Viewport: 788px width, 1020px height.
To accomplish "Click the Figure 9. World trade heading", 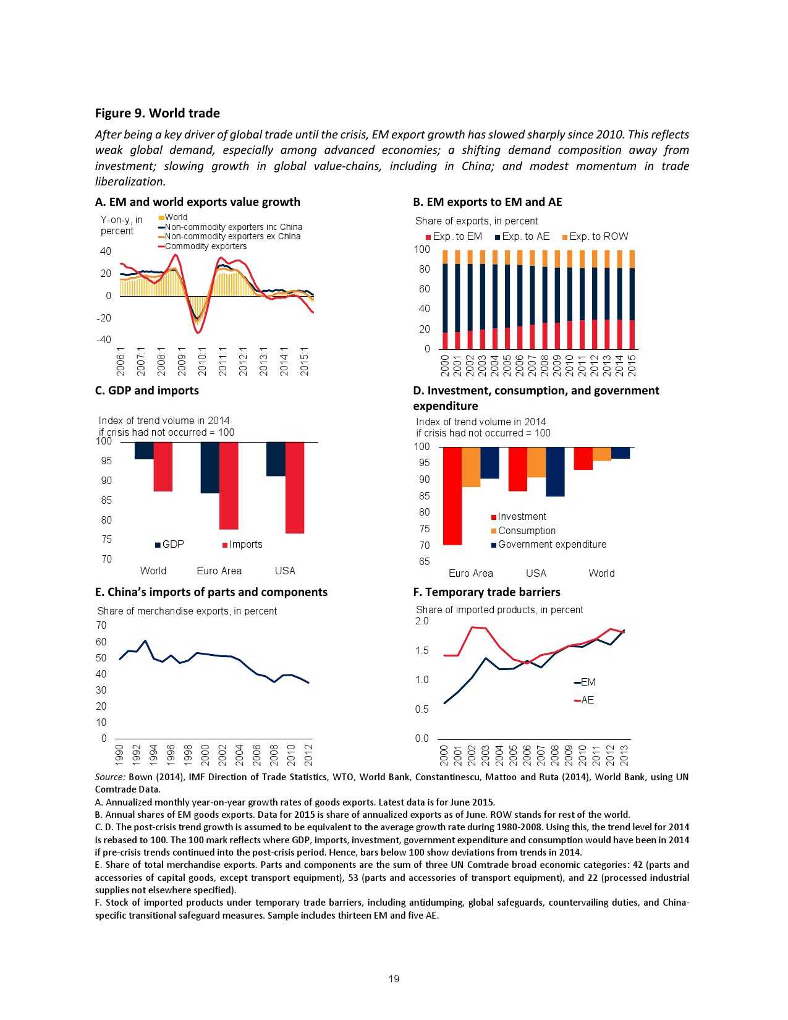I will click(x=157, y=113).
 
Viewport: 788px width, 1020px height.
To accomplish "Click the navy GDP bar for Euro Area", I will click(x=210, y=467).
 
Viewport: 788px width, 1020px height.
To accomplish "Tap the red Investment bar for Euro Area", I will click(x=452, y=496).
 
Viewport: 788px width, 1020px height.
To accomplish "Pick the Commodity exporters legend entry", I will click(x=205, y=246).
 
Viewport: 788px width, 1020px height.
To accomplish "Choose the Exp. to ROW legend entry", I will click(x=595, y=237).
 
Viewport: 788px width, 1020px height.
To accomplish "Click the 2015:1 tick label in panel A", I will click(x=304, y=361).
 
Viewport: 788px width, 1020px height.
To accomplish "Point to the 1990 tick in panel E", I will click(x=120, y=755).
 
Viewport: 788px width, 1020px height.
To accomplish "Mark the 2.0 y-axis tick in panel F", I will click(x=422, y=621).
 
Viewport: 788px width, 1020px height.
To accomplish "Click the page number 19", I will click(x=394, y=979).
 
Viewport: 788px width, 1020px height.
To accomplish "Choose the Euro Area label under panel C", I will click(x=219, y=571).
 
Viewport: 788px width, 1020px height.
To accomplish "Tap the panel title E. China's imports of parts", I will click(x=211, y=592).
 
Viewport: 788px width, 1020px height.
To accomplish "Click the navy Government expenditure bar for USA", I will click(x=555, y=472).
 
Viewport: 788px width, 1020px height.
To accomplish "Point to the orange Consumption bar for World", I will click(x=602, y=454).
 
